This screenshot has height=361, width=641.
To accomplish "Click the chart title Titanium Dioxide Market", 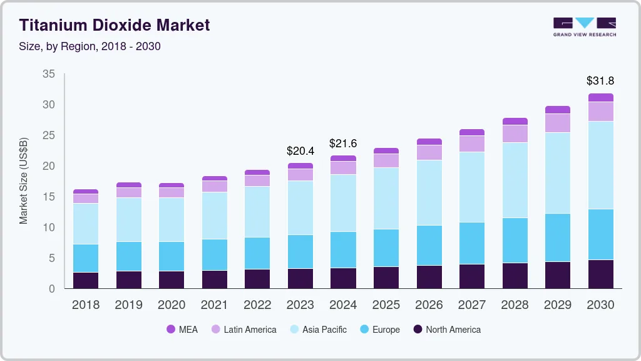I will pos(114,25).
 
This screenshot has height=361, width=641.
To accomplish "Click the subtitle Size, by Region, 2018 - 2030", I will pos(90,46).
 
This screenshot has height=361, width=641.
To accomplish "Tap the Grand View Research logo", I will pos(584,26).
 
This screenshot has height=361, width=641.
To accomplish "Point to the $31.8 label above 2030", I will pos(600,81).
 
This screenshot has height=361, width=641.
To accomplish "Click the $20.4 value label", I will pos(300,151).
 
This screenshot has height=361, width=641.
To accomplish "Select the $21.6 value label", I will pos(343,144).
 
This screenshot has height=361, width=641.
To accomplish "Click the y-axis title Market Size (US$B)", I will pos(24,180).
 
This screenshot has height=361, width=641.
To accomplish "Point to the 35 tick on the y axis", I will pos(49,74).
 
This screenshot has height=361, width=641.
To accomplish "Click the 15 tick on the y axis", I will pos(49,197).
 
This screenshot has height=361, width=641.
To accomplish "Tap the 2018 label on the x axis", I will pos(86,305).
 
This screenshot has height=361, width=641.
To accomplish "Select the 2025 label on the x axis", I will pos(386,305).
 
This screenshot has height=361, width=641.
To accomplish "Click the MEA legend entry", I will pos(182,329).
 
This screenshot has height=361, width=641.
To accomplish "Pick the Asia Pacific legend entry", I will pos(317,329).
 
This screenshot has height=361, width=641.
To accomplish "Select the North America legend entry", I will pos(446,329).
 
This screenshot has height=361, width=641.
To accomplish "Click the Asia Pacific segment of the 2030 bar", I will pos(601,165).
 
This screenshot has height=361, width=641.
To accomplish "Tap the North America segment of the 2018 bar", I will pos(86,280).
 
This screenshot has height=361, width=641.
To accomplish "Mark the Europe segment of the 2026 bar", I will pos(429,245).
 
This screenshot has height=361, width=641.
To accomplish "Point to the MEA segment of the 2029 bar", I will pos(558,110).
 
